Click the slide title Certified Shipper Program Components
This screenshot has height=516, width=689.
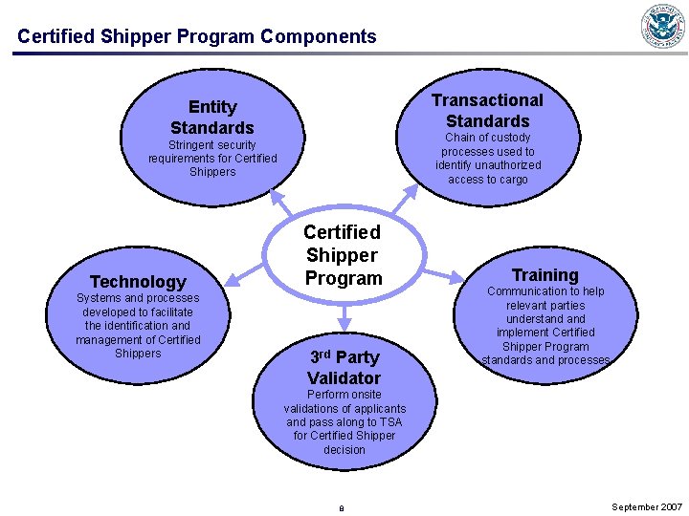197,36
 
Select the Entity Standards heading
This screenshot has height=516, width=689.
212,118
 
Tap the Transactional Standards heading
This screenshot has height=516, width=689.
487,111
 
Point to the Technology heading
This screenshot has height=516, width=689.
138,281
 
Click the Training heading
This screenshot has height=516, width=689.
545,275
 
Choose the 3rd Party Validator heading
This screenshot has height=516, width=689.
344,367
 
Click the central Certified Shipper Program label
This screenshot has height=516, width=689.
343,255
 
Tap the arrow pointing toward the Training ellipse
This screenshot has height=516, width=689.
442,275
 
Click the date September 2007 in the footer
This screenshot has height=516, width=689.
647,506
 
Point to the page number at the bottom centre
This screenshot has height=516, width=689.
342,507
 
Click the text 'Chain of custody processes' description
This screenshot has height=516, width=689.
488,159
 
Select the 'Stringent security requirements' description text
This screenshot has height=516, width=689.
212,159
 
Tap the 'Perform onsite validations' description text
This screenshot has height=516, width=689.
344,421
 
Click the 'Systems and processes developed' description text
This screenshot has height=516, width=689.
138,326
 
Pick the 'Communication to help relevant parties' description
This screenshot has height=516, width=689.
545,326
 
